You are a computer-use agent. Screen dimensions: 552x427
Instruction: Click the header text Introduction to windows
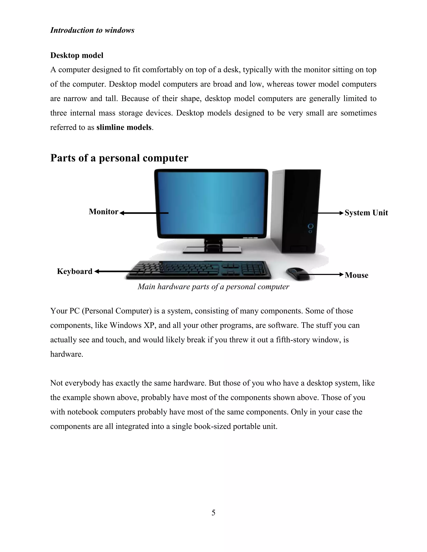[92, 30]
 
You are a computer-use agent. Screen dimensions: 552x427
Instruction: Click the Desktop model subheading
[77, 55]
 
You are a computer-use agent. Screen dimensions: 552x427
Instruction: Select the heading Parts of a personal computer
[119, 158]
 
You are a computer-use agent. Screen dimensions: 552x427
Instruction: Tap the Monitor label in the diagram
[103, 212]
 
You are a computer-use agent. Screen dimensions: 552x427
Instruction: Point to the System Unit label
[366, 213]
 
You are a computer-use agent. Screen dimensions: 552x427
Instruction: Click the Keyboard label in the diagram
[75, 271]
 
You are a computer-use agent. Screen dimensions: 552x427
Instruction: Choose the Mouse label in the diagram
[356, 275]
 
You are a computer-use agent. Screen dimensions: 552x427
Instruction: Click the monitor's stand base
[212, 250]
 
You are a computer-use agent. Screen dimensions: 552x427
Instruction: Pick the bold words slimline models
[124, 127]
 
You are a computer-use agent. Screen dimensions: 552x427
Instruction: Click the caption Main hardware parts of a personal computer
[213, 287]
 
